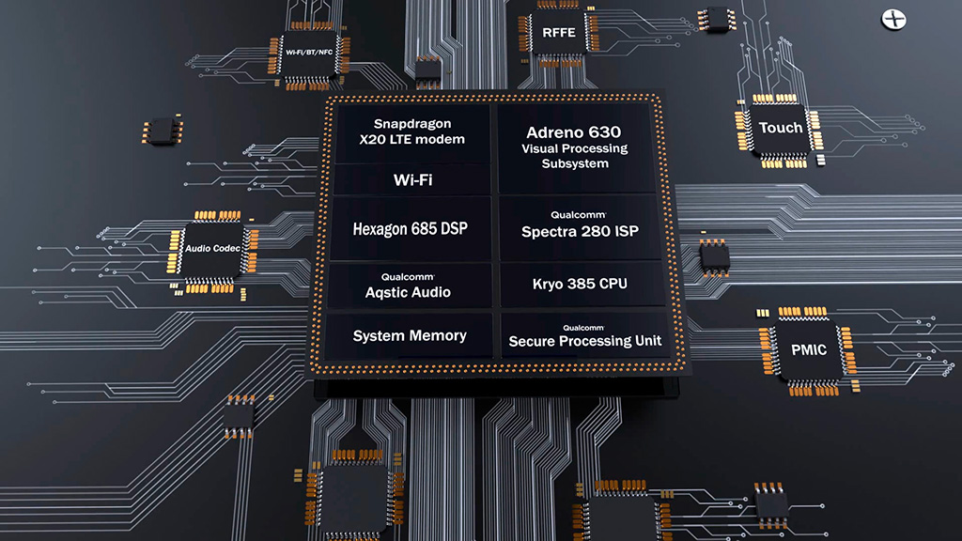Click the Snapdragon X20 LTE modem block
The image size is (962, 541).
pos(412,131)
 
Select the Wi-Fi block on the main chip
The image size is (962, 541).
pos(411,179)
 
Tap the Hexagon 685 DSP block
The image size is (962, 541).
pos(410,228)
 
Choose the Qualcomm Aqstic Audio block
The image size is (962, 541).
pos(409,286)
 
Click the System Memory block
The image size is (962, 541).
pos(410,335)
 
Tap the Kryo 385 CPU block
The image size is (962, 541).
pos(580,284)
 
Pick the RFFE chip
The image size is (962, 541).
pos(559,34)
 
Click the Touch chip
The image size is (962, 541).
pos(781,129)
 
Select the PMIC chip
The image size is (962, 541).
pos(808,349)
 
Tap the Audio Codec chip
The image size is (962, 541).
pos(212,248)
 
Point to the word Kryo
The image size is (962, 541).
pos(551,284)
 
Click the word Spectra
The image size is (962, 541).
pos(552,230)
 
